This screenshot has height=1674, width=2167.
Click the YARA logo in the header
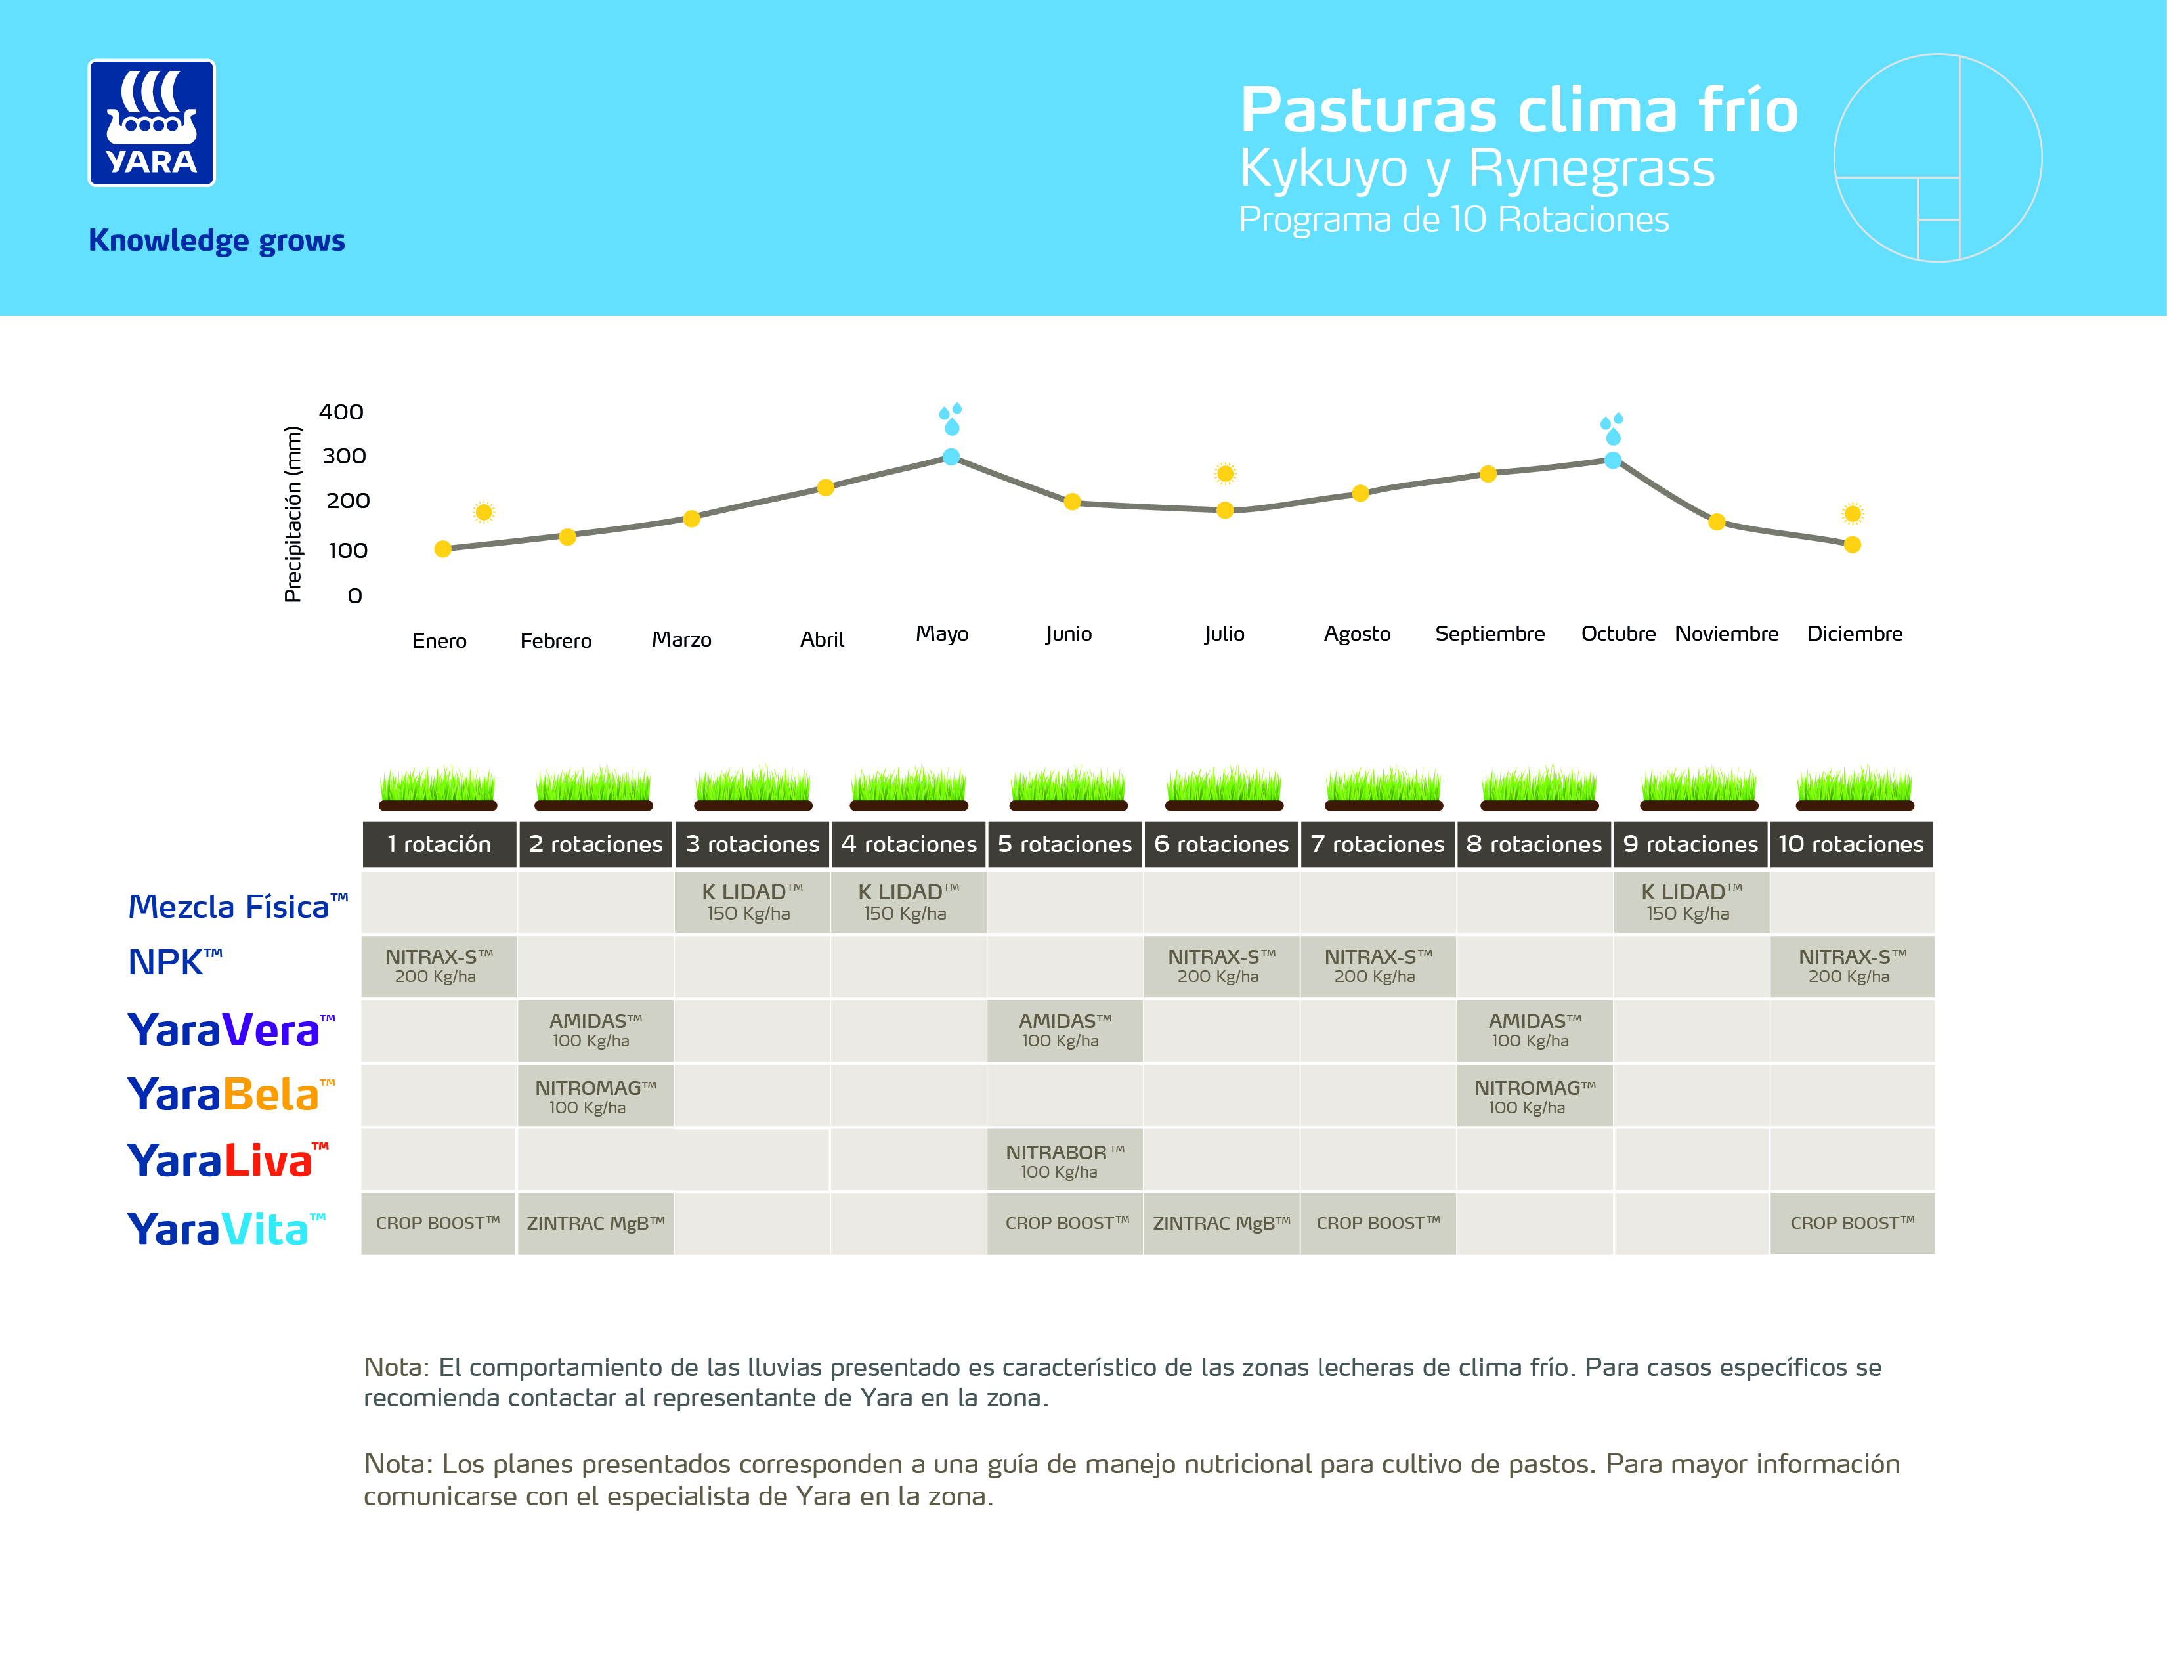pos(151,123)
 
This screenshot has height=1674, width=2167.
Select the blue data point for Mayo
pos(951,456)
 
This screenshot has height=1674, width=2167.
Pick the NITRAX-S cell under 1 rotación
pos(438,966)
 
